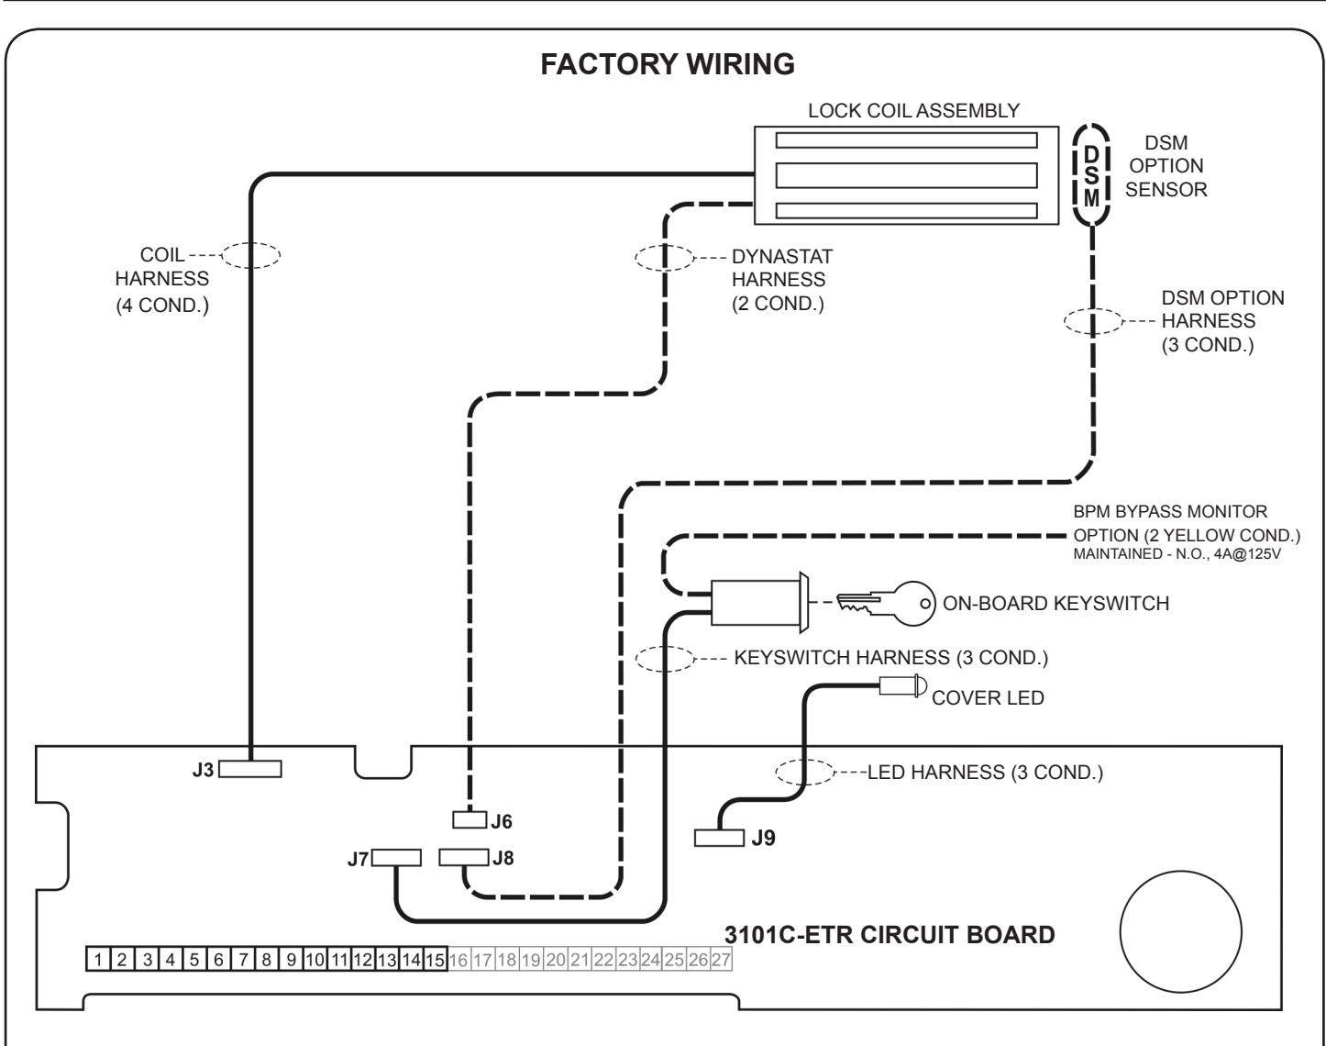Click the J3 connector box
click(250, 769)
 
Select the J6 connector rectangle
click(470, 819)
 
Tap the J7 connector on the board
click(396, 858)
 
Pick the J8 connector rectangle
click(463, 857)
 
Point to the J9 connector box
click(719, 838)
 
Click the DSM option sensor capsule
click(1091, 175)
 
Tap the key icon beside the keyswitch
click(886, 603)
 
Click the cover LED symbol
click(902, 685)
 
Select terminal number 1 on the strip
click(98, 959)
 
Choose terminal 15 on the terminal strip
click(435, 959)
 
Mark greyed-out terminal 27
click(720, 959)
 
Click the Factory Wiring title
click(668, 64)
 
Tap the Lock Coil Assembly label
click(913, 110)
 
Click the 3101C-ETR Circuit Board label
click(890, 935)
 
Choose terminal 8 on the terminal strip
click(267, 959)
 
